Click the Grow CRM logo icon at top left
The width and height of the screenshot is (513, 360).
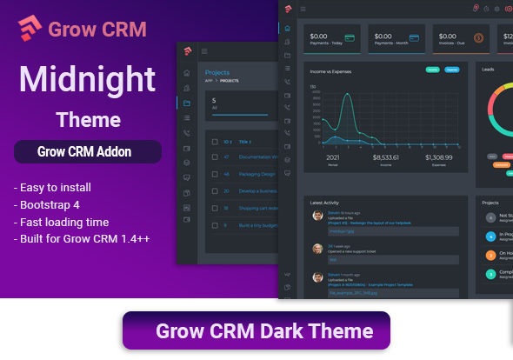pyautogui.click(x=30, y=28)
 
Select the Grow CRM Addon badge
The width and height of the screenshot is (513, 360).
pyautogui.click(x=87, y=151)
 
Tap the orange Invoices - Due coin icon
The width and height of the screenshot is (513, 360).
pyautogui.click(x=479, y=38)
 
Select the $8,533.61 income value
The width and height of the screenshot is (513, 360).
pyautogui.click(x=385, y=157)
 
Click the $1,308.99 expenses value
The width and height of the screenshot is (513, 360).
pyautogui.click(x=439, y=157)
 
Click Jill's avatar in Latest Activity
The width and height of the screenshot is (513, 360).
pyautogui.click(x=317, y=249)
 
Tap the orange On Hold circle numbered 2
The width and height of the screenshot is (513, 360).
pyautogui.click(x=491, y=255)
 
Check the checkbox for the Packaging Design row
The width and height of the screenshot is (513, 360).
pyautogui.click(x=213, y=174)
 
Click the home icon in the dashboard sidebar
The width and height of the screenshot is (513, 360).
pyautogui.click(x=287, y=28)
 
